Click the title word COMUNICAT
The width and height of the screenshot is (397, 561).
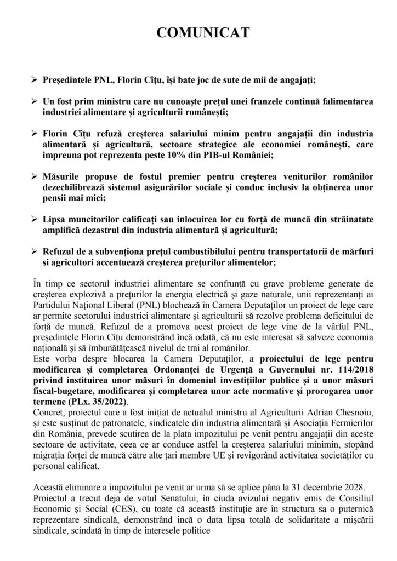point(202,33)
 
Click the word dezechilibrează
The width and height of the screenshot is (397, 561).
point(76,187)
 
